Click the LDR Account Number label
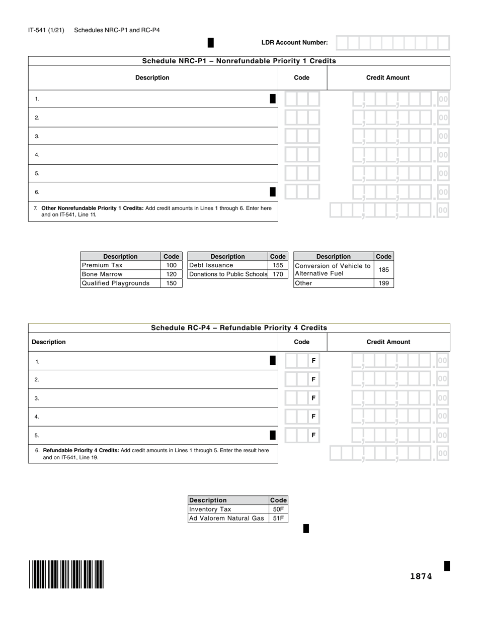294,43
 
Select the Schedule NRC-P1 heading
239,61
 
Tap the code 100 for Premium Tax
171,265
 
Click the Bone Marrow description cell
120,274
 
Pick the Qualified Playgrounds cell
120,283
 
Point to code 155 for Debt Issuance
278,265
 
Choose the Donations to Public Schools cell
228,274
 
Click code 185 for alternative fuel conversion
383,270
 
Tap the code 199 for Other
383,283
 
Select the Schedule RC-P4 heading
239,328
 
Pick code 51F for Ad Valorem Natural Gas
278,519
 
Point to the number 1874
421,576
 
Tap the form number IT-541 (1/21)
46,30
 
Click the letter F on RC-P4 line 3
313,398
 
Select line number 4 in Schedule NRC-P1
37,155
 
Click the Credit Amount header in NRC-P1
388,78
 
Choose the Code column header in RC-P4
302,342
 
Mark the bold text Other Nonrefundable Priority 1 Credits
92,208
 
